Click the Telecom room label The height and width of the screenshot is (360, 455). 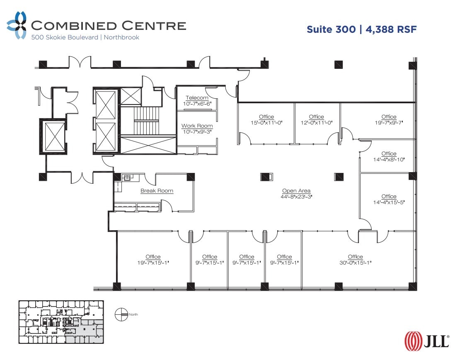197,98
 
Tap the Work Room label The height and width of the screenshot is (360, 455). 197,126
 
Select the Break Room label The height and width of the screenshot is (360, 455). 157,191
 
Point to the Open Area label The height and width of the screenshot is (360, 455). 296,191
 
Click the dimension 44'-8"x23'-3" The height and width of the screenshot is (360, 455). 296,197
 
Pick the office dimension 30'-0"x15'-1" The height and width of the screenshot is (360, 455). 355,263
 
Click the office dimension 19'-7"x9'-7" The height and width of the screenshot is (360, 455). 389,123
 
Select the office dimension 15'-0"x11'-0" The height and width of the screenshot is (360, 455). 266,123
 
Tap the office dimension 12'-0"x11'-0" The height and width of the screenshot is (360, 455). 316,123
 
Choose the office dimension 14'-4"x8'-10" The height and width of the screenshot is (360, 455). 389,159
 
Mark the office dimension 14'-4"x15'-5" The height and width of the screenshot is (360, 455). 389,202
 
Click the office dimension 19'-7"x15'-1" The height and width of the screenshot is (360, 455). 153,263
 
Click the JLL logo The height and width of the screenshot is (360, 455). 427,341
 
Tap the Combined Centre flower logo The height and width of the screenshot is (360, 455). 17,25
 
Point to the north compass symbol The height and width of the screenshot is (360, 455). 121,314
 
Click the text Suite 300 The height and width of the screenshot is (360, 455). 331,29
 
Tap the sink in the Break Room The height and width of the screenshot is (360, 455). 128,178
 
